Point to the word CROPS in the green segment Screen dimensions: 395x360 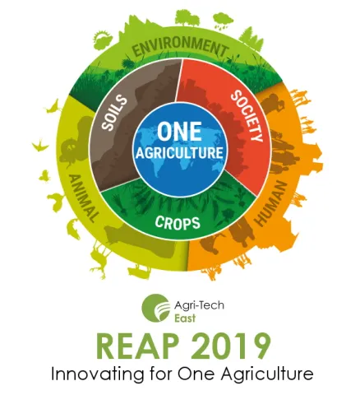(179, 221)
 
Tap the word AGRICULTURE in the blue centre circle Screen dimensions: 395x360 (178, 153)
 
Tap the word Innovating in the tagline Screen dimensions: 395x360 (89, 374)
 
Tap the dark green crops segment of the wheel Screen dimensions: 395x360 (179, 202)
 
